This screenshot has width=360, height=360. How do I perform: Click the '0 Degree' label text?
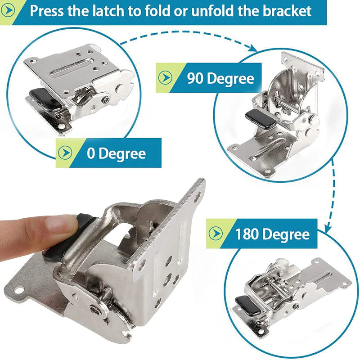click(116, 153)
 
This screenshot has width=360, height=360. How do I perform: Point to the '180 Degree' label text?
click(272, 234)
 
